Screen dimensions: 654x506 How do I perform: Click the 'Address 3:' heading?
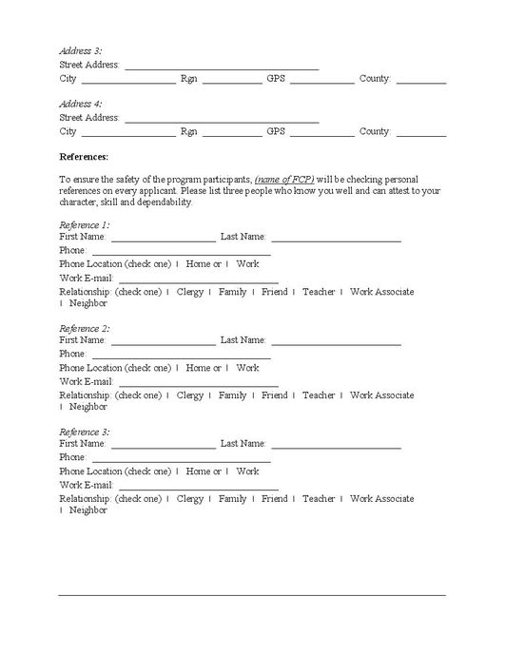point(81,50)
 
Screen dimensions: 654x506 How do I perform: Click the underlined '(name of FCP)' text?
point(284,180)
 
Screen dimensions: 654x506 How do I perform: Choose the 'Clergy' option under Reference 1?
point(190,292)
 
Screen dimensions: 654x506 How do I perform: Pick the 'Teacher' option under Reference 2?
point(319,395)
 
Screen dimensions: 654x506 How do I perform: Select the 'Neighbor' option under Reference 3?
point(88,510)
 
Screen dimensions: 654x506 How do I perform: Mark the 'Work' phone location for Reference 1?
point(247,264)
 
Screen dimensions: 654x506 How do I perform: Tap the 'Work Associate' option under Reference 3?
point(381,499)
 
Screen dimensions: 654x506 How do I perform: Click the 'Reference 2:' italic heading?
point(85,328)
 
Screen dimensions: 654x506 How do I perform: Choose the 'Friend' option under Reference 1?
point(274,292)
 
